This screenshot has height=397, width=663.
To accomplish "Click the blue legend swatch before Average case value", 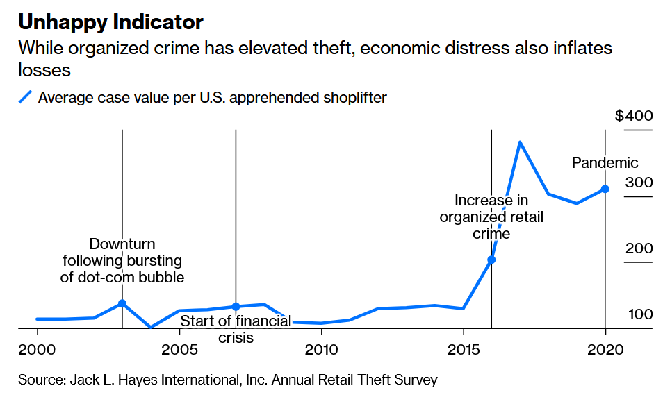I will click(x=26, y=97).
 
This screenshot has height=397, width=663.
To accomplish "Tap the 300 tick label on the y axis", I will click(x=639, y=183).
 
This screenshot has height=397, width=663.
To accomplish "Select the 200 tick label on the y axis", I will click(x=639, y=248).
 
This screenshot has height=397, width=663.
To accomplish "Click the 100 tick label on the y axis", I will click(x=639, y=314).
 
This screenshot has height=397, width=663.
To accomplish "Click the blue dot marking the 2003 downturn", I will click(x=122, y=303).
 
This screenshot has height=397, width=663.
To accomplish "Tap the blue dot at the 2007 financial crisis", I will click(x=236, y=307).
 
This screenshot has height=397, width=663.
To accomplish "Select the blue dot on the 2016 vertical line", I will click(x=491, y=260).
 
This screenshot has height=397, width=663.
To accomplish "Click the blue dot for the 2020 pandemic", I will click(x=605, y=189).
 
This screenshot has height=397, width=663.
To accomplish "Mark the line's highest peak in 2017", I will click(x=520, y=142).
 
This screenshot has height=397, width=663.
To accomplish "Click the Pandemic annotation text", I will click(x=605, y=163).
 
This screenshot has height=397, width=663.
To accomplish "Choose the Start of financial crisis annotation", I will click(x=236, y=329).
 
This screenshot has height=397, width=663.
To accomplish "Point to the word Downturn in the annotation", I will click(x=122, y=244).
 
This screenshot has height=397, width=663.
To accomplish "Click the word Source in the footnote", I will click(x=40, y=380).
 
